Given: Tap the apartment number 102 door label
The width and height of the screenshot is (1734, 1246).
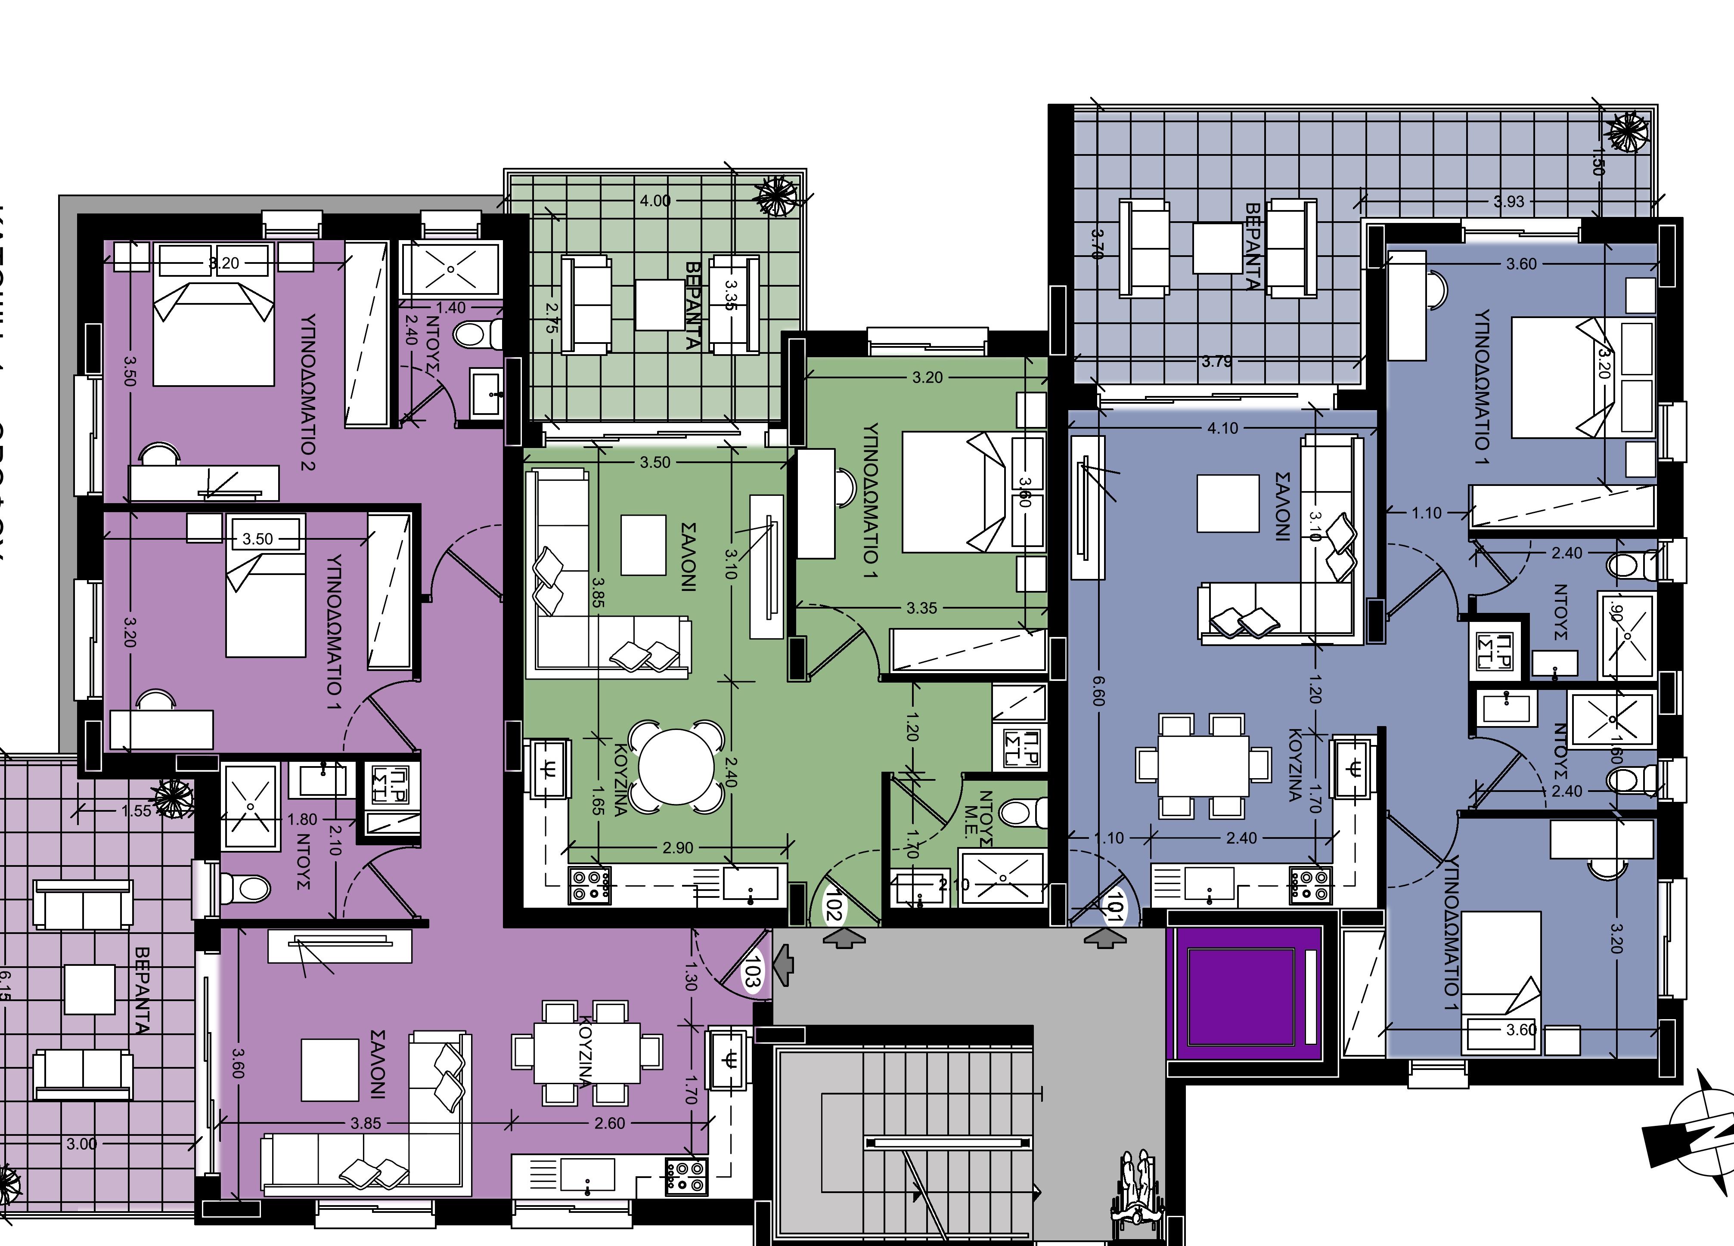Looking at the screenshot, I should [833, 906].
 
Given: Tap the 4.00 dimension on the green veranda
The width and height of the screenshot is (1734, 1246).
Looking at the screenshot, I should [655, 200].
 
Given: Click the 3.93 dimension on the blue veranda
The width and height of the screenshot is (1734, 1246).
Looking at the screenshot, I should [1508, 202].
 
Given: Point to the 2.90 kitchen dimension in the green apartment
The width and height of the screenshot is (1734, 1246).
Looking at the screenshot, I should [678, 848].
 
